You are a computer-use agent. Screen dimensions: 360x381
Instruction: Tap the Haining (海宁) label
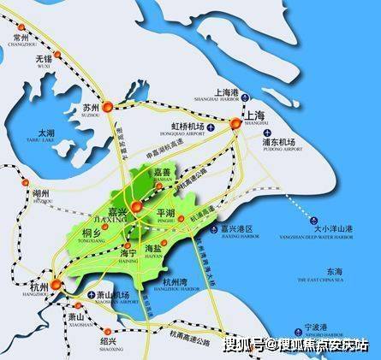pyautogui.click(x=128, y=252)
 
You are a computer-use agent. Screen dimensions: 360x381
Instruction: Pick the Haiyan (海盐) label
pyautogui.click(x=169, y=249)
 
